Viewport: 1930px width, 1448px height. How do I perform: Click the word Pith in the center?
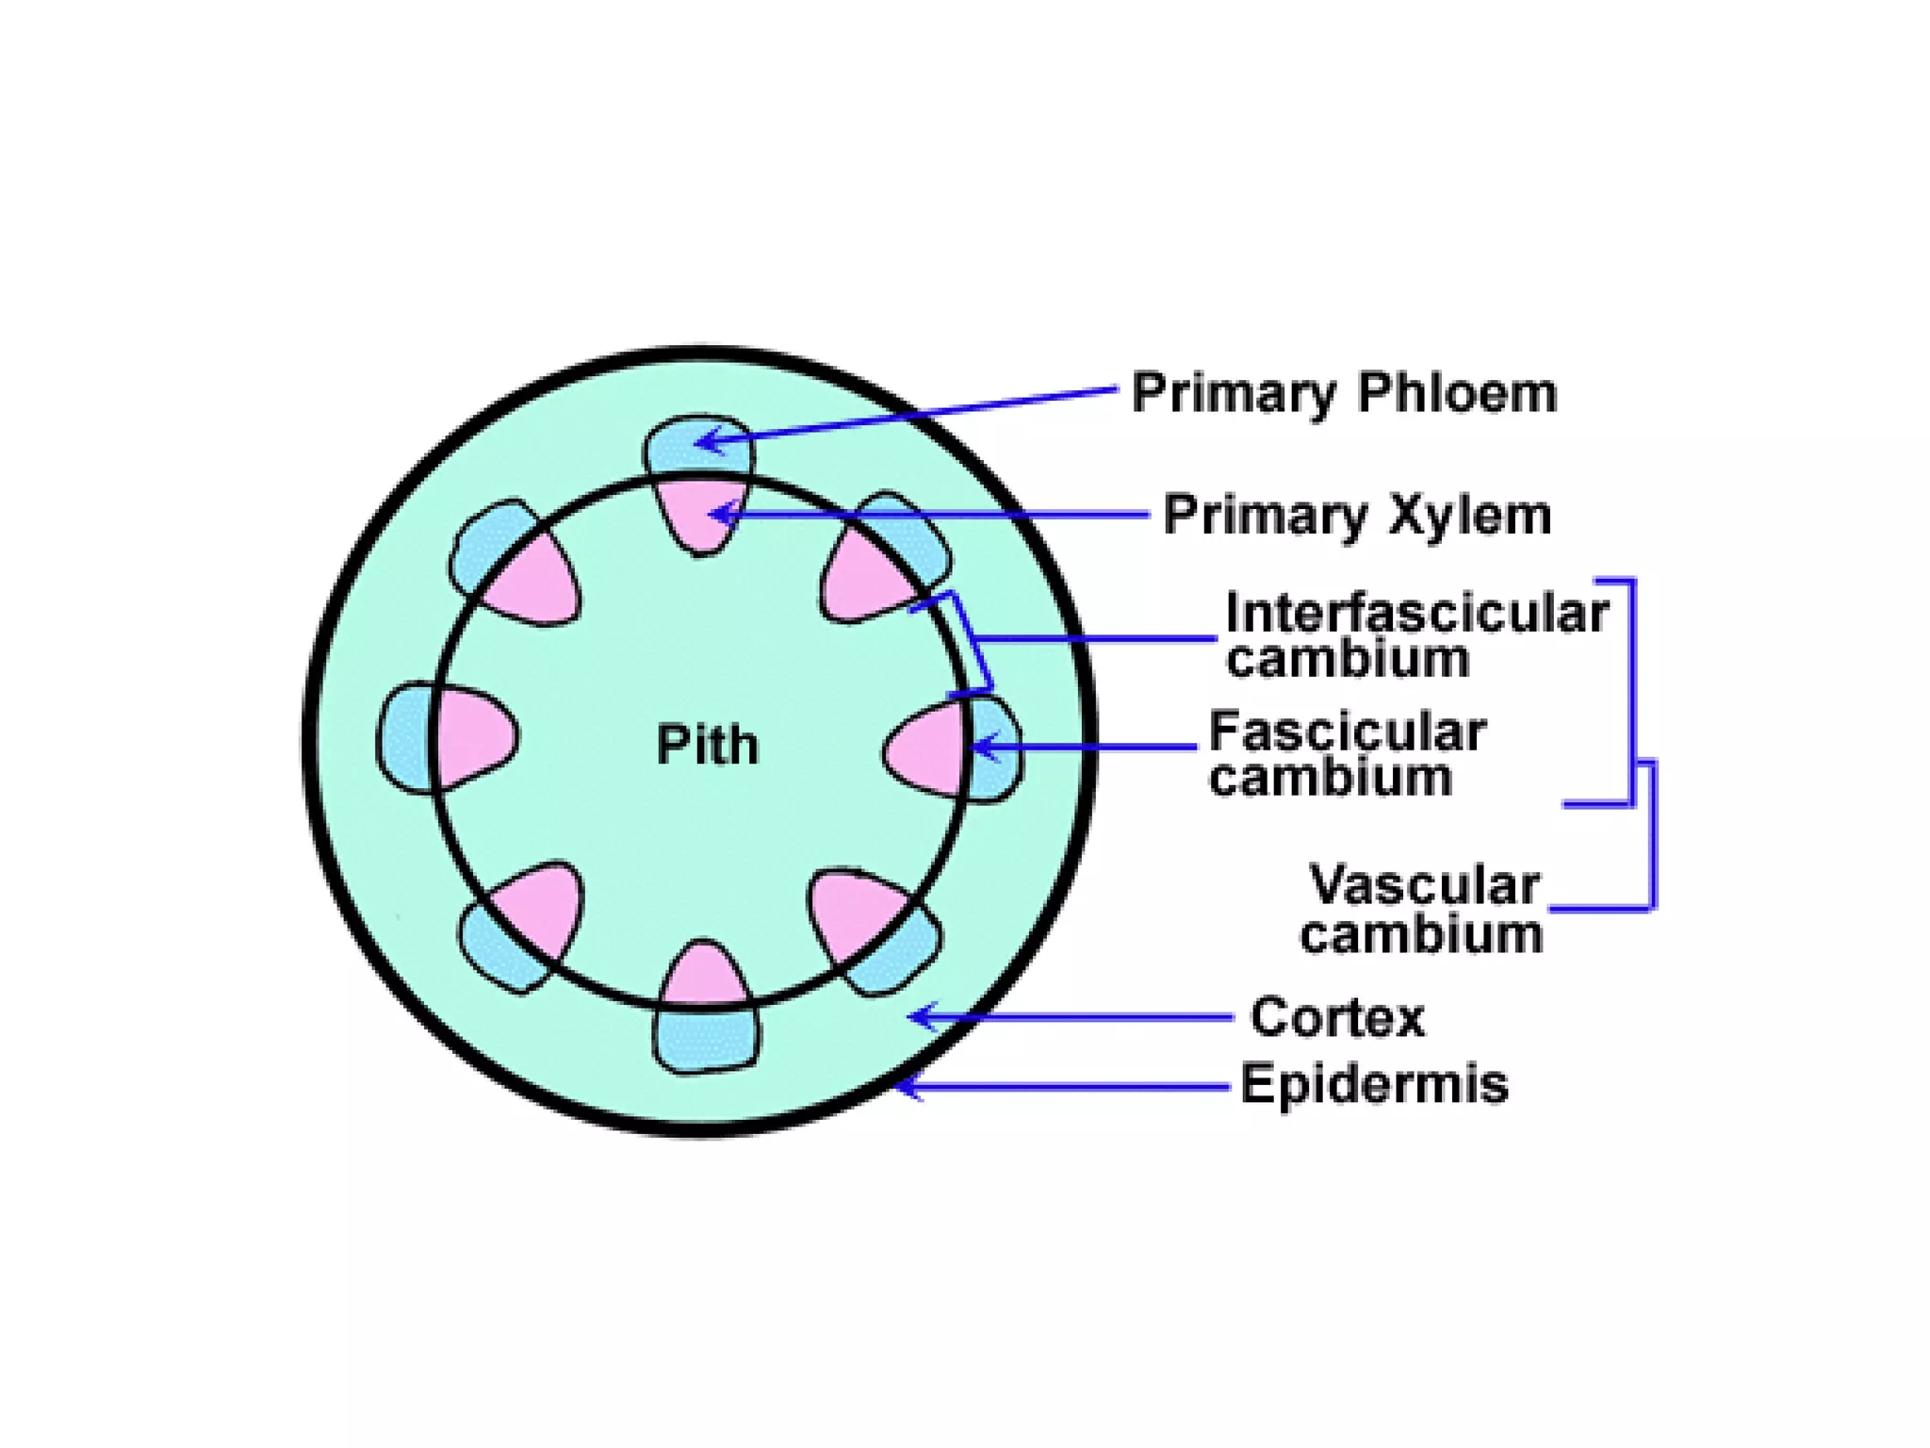707,745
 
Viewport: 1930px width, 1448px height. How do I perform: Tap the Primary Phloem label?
1344,393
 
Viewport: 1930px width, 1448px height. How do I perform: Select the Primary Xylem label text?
1357,516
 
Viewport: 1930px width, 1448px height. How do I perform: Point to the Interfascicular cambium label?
1415,634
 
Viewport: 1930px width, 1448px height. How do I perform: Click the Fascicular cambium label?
1348,754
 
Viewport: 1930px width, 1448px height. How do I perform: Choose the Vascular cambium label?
1422,910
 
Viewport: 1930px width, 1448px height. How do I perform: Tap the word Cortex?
1337,1017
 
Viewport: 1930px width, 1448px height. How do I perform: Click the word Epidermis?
1373,1084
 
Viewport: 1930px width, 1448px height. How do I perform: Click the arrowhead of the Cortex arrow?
919,1016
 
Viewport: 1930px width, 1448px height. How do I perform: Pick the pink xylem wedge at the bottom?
704,977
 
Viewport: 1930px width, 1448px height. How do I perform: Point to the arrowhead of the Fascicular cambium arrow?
976,748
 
